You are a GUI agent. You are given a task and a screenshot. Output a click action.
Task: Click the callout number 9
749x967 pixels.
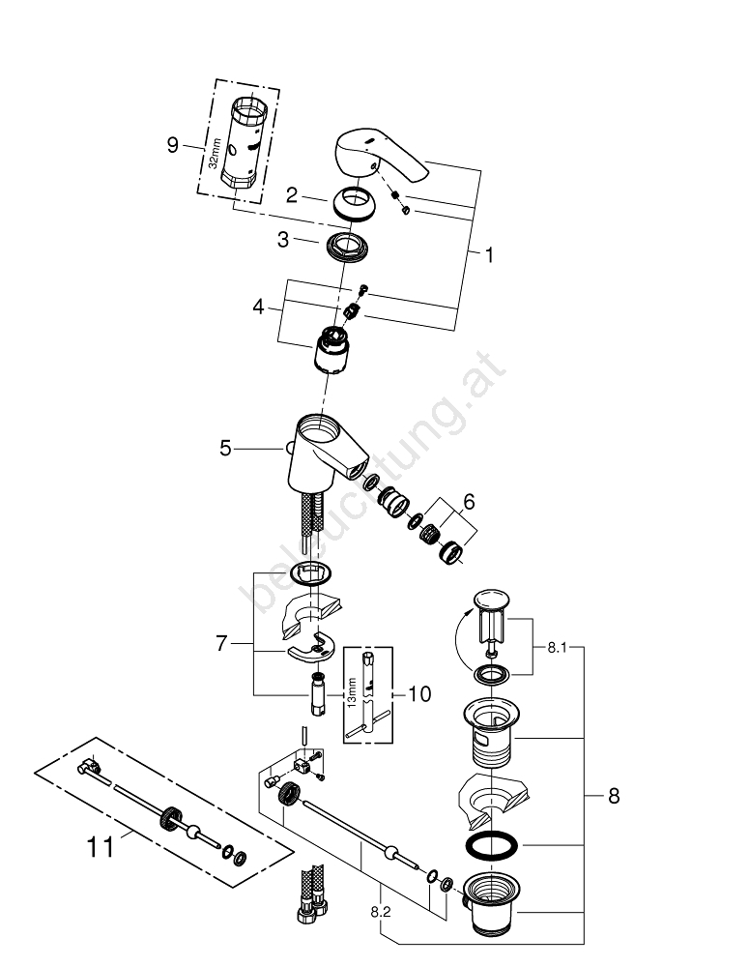point(173,145)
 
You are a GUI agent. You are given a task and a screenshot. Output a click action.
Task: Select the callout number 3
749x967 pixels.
point(283,239)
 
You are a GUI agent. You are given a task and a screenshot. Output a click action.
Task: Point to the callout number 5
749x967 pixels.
point(225,448)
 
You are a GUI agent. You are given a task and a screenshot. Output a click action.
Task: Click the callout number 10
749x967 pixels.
point(418,693)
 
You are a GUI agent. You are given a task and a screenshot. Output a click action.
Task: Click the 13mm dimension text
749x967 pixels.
point(353,689)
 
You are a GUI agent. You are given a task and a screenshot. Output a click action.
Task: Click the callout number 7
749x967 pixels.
point(222,643)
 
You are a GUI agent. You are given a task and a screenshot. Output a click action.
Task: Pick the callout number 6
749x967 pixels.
point(469,503)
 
